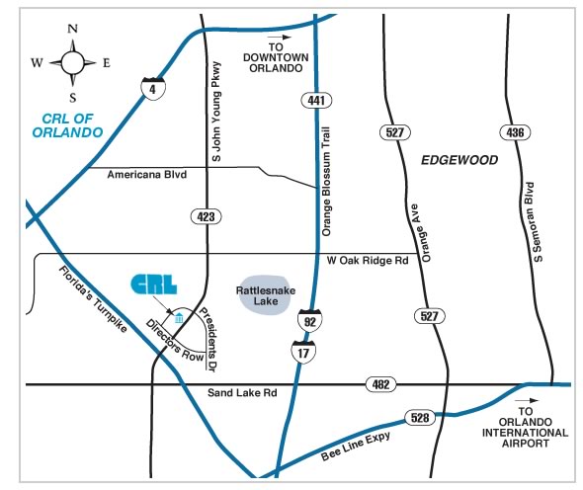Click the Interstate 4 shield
[x=153, y=89]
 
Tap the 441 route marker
[x=316, y=101]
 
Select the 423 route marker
[x=206, y=216]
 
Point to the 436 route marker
[x=515, y=132]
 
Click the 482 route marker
[x=381, y=384]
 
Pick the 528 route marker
[x=420, y=418]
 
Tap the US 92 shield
[x=309, y=320]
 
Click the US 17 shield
[x=303, y=352]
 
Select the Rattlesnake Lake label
[x=266, y=295]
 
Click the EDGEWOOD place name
[x=459, y=160]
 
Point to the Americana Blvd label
[x=147, y=174]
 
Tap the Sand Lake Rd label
[x=242, y=392]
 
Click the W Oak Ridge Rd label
[x=368, y=260]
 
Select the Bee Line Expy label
[x=356, y=446]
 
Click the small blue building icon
[x=179, y=318]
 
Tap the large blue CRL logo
[x=154, y=285]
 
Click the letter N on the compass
[x=73, y=29]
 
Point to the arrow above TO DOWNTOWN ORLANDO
[x=280, y=38]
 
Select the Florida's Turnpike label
[x=93, y=299]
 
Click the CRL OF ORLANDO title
[x=67, y=125]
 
